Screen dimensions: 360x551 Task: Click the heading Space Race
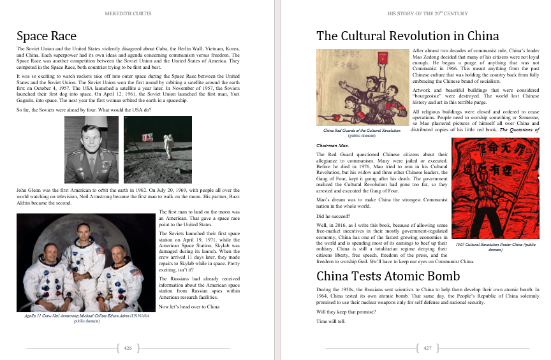click(x=47, y=36)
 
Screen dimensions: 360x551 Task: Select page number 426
click(x=128, y=348)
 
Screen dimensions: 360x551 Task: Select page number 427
click(x=427, y=348)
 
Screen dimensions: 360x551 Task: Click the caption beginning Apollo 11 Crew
click(x=79, y=318)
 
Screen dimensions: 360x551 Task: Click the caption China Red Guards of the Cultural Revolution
click(x=362, y=131)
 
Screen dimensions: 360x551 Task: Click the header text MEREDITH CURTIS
click(x=128, y=12)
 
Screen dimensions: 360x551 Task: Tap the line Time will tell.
click(x=331, y=321)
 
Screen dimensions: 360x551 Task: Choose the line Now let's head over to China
click(x=189, y=306)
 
